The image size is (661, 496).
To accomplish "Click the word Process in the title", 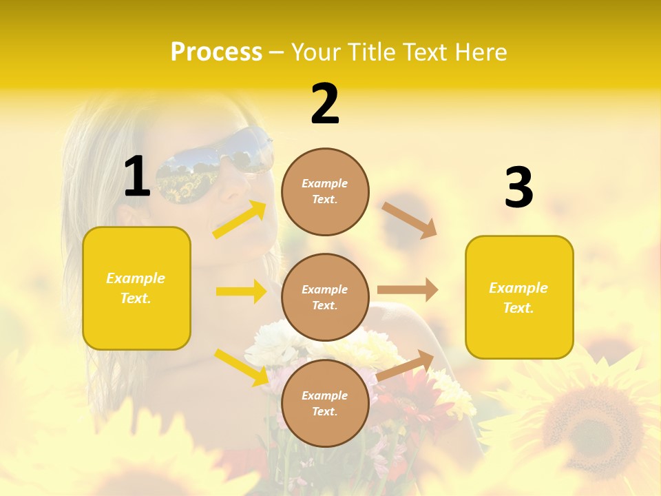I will point(216,52).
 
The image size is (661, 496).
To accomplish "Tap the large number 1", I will point(137,177).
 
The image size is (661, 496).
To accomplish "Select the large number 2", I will point(325,104).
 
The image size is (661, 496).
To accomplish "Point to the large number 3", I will point(518,188).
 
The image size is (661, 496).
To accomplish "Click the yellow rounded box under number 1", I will point(136,288).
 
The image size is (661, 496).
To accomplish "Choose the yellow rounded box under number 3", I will point(519,298).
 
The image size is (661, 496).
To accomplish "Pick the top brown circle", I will point(325,192).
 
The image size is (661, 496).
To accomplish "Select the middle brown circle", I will point(325,298).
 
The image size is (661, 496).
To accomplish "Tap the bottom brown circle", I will point(325,403).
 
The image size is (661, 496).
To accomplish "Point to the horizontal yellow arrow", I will point(241,291).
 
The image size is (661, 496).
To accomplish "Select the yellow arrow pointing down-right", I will point(241,367).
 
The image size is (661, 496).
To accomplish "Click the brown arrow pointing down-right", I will point(409,220).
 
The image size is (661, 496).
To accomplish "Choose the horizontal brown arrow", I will point(408,290).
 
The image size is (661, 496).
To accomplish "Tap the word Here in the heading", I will point(482,52).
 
